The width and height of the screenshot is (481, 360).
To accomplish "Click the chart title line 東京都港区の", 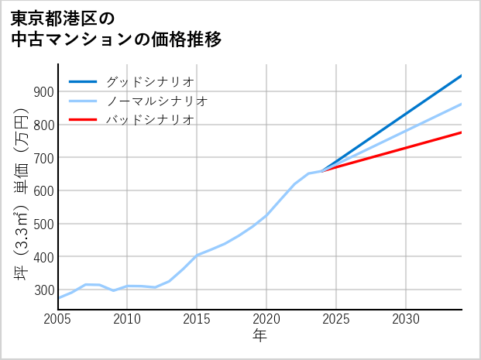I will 63,17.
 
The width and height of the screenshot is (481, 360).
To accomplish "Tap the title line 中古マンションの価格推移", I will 116,39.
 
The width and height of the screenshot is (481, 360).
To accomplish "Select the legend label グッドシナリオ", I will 149,81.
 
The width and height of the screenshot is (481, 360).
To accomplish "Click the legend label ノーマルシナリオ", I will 156,101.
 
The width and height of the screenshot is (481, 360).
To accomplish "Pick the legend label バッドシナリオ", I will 149,120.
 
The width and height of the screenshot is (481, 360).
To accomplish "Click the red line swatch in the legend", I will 83,120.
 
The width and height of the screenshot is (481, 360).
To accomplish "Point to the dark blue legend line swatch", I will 83,81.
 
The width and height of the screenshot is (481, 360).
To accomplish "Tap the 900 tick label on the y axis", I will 43,92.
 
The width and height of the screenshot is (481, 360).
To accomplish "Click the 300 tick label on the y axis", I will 43,290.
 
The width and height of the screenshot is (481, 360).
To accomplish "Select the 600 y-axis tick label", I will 43,191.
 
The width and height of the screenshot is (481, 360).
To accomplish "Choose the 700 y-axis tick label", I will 43,158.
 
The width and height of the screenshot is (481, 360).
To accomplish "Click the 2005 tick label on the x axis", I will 58,319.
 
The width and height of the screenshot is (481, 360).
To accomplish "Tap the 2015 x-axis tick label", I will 197,319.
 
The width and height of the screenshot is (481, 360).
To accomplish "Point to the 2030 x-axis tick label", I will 406,319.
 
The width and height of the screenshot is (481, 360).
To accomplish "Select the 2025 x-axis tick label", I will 336,319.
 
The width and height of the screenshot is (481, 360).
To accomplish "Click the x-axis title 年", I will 260,336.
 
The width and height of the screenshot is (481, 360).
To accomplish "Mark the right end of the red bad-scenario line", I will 461,132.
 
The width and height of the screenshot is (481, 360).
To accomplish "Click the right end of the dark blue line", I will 461,76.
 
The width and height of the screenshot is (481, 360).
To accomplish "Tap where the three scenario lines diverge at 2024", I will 323,170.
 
